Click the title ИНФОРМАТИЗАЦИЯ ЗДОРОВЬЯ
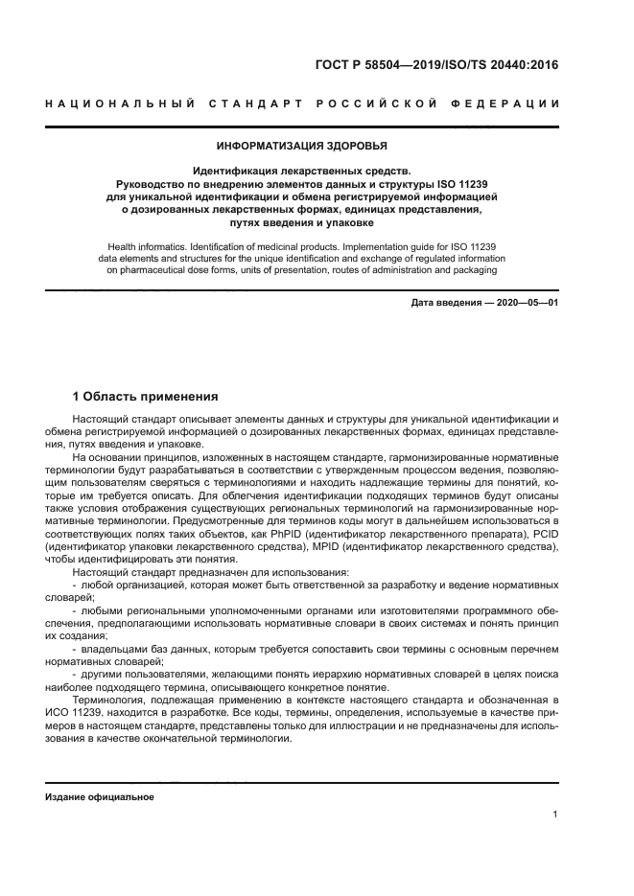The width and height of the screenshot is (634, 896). [302, 147]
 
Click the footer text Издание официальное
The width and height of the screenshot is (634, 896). [100, 797]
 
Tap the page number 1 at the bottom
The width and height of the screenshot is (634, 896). [555, 816]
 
